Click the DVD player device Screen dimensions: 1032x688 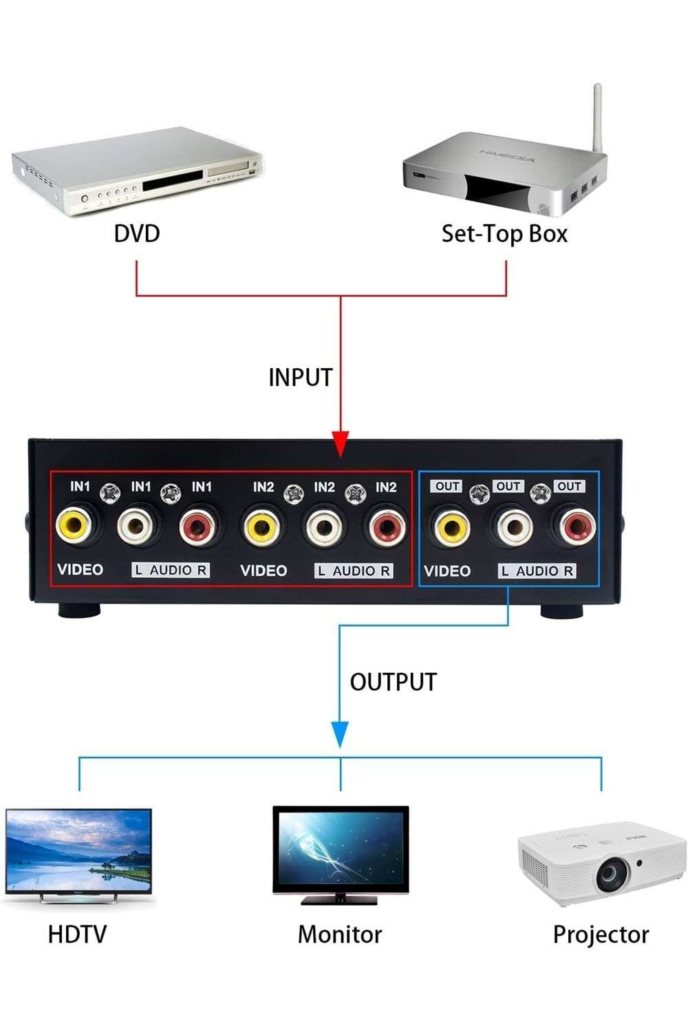[x=138, y=172]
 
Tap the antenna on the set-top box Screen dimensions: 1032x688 [x=598, y=117]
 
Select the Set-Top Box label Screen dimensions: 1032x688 [x=504, y=234]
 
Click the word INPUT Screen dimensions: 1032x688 [x=300, y=378]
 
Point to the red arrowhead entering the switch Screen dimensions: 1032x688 [x=341, y=444]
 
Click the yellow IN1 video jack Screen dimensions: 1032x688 [x=74, y=526]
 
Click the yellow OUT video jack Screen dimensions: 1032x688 [x=451, y=528]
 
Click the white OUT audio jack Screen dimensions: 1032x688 [x=514, y=528]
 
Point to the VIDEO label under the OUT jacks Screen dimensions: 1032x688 [x=447, y=571]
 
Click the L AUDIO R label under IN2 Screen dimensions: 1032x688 [x=354, y=571]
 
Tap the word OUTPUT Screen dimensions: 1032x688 [x=393, y=682]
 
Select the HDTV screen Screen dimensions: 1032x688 [x=78, y=851]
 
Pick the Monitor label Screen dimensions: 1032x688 [x=339, y=934]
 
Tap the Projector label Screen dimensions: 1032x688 [x=601, y=934]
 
